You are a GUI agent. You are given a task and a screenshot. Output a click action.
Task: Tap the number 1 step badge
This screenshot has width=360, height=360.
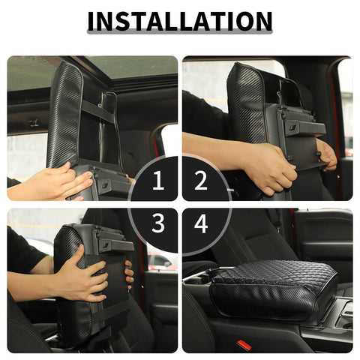click(157, 180)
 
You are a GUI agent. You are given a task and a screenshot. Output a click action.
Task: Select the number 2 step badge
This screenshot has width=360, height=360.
click(201, 180)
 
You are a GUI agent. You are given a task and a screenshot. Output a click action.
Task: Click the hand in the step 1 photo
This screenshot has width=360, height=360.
click(60, 180)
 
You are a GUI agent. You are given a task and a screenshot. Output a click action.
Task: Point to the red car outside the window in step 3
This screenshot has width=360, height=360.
click(160, 262)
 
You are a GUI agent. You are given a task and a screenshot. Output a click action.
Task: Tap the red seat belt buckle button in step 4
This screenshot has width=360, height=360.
click(244, 345)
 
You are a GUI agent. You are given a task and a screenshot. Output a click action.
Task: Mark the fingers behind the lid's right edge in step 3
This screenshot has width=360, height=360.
click(129, 274)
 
